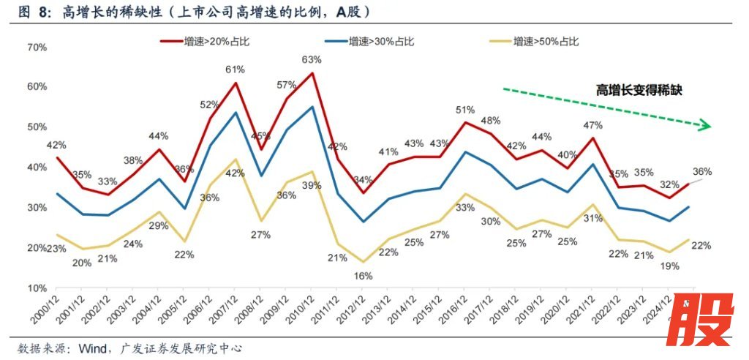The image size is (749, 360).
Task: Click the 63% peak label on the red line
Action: [312, 59]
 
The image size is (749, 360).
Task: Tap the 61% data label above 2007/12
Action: [235, 70]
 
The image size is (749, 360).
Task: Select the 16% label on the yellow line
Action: [364, 276]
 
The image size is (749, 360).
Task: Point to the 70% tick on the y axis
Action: [36, 47]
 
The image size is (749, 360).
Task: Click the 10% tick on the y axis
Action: [36, 288]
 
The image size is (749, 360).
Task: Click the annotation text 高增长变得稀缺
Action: [639, 90]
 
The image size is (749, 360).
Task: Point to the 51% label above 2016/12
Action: [465, 110]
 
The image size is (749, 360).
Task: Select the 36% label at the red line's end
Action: [701, 172]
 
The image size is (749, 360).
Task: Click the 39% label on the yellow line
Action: [312, 185]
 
